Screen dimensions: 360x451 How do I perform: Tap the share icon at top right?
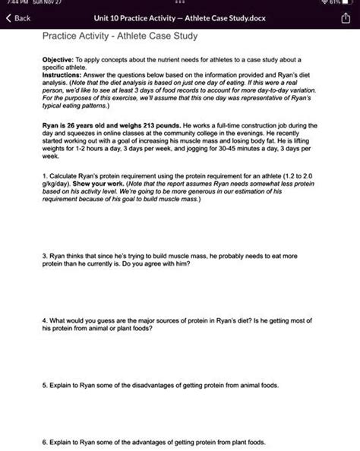[x=343, y=18]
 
